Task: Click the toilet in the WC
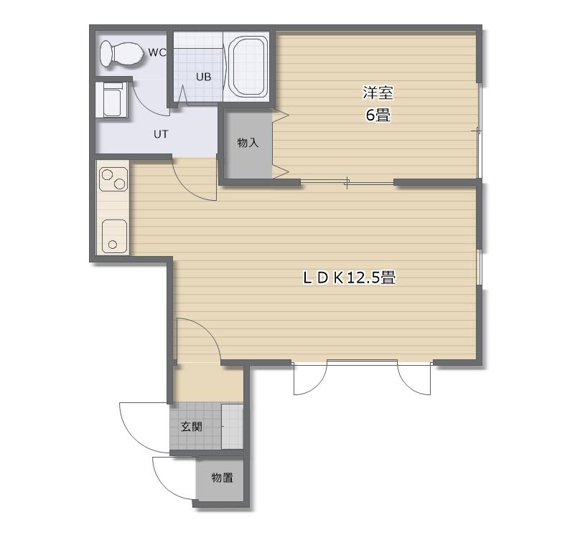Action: [122, 54]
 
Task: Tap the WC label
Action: [157, 52]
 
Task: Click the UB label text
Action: [203, 77]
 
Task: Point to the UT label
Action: [161, 134]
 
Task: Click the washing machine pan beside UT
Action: [111, 100]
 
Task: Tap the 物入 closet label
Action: [248, 143]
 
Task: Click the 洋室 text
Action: [378, 93]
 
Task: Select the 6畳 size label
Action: [378, 115]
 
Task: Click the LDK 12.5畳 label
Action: [350, 278]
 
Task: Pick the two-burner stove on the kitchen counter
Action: [114, 179]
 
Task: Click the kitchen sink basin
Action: [114, 236]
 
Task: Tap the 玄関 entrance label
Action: [192, 427]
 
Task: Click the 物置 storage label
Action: [223, 478]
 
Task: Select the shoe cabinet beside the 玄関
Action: [233, 427]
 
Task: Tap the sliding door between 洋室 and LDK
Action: [347, 182]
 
